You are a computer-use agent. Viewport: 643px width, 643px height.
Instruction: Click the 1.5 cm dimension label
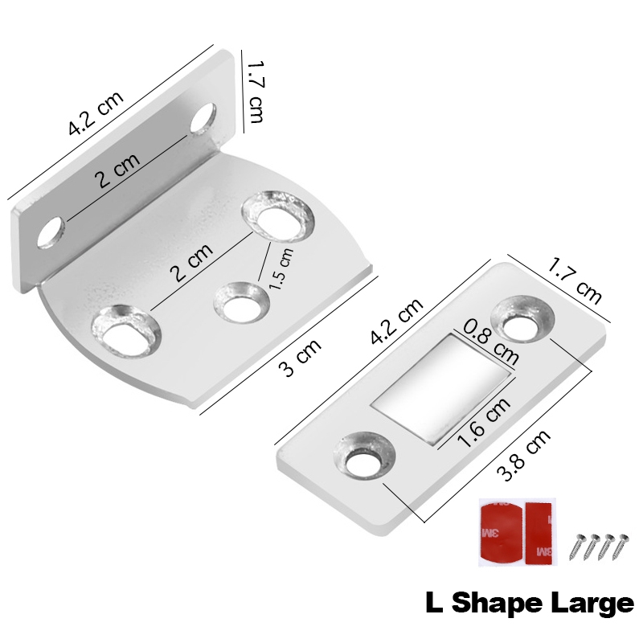281,269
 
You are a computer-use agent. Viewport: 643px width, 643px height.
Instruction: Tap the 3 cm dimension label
300,357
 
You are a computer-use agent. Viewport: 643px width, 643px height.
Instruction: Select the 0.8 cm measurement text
491,342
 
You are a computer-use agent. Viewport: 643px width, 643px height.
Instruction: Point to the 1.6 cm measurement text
484,422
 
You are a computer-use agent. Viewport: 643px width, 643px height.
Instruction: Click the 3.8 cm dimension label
523,456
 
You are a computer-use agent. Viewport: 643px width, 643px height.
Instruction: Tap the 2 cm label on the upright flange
117,170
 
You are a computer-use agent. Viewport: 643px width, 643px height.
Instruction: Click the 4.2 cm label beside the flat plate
396,321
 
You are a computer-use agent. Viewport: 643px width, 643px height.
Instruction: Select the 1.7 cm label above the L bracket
255,92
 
